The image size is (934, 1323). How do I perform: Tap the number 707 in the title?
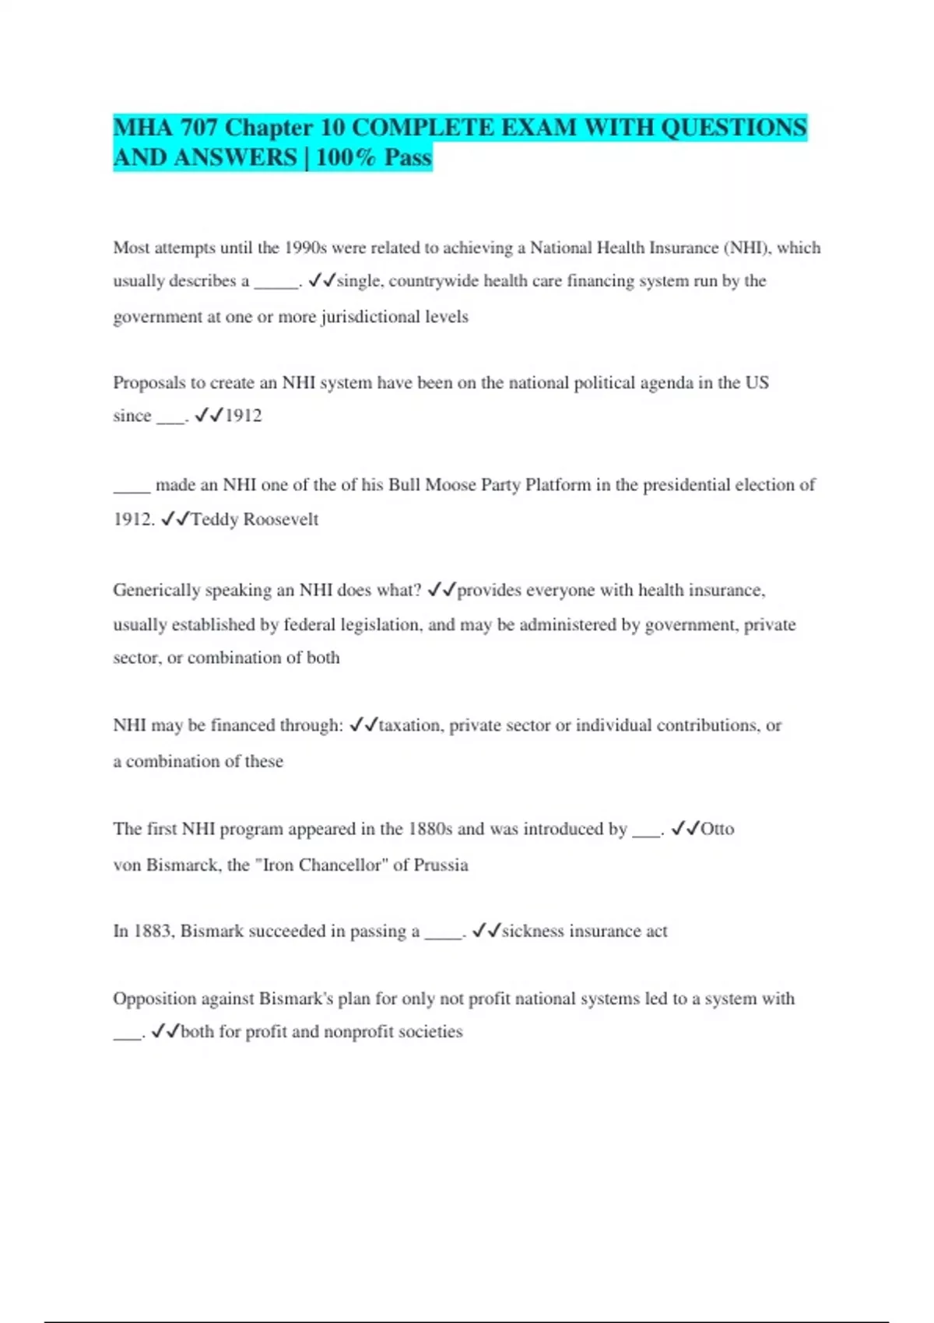pyautogui.click(x=198, y=128)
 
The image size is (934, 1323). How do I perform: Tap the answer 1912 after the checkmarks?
pyautogui.click(x=243, y=416)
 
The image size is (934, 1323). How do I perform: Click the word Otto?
pyautogui.click(x=717, y=829)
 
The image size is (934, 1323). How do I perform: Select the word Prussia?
pyautogui.click(x=441, y=865)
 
